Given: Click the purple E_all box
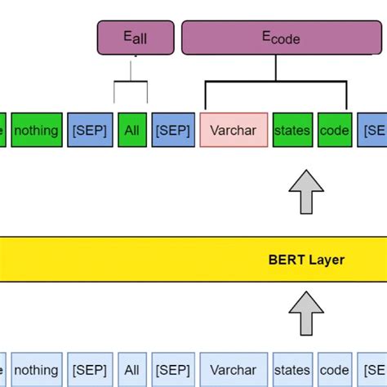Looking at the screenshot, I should [136, 38].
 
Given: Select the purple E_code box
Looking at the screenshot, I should [280, 38].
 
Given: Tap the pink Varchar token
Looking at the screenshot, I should [234, 130].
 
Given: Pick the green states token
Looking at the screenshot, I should [293, 130].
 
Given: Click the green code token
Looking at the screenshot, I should [335, 130].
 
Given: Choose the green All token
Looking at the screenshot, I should [131, 130].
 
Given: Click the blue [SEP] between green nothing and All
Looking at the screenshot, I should [88, 130].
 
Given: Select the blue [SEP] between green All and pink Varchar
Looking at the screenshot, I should [172, 130].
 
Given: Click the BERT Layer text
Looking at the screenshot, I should [306, 260].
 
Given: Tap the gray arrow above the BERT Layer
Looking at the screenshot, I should [306, 191].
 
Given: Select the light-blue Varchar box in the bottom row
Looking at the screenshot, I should [234, 370].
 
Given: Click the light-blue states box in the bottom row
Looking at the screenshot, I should [293, 370].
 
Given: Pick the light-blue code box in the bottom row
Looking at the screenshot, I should [335, 370].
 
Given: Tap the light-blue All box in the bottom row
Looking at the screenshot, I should [131, 370].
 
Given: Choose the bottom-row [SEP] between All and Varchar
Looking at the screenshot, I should [172, 370].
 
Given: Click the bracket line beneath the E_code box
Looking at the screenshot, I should [276, 82].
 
